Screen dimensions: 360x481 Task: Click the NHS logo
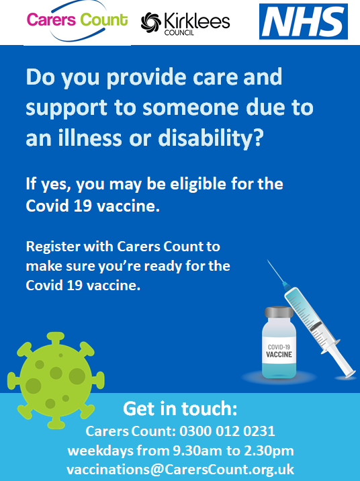click(304, 21)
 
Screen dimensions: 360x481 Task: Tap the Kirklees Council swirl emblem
click(151, 22)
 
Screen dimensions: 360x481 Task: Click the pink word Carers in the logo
click(51, 19)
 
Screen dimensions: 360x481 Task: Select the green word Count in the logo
click(103, 19)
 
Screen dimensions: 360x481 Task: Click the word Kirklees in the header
click(197, 21)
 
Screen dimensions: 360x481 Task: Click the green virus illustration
click(56, 380)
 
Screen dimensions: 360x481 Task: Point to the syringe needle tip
click(268, 261)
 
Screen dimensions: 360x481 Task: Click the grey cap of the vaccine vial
click(279, 312)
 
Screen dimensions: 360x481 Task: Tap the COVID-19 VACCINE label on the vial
click(279, 351)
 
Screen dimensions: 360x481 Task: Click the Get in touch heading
click(180, 408)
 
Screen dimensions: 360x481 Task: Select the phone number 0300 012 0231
click(227, 431)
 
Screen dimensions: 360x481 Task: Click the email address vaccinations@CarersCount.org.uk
click(180, 470)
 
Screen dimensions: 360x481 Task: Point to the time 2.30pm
click(269, 451)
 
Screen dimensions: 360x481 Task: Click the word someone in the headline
click(191, 107)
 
